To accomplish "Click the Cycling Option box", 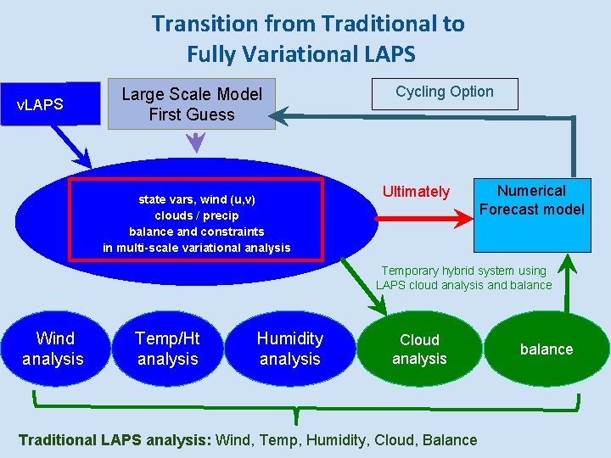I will [x=445, y=92].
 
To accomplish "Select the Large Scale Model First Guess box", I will [x=192, y=104].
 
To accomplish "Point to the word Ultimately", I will [x=416, y=192].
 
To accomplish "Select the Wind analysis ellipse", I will [x=53, y=349].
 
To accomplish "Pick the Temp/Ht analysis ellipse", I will [x=167, y=349].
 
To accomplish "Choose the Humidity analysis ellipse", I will [x=290, y=349].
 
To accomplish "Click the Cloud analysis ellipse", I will [x=419, y=349].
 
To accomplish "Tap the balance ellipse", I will [x=547, y=349].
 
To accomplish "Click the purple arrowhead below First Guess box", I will [x=196, y=144].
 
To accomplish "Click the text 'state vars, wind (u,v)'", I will [x=197, y=199].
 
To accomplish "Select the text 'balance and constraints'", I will [x=197, y=232].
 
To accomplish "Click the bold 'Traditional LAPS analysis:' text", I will [x=115, y=439].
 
